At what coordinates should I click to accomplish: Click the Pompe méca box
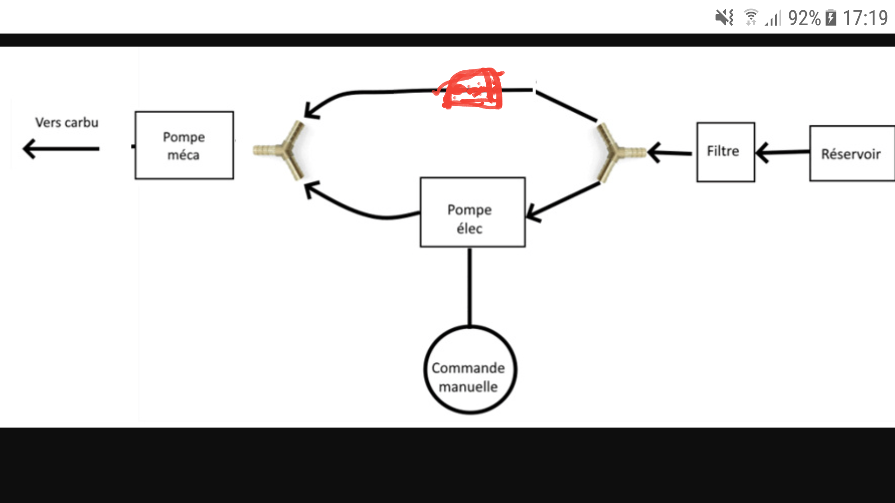click(x=184, y=145)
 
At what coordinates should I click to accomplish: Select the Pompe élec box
click(x=472, y=212)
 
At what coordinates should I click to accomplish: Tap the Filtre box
click(x=725, y=152)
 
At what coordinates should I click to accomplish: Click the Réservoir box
click(x=851, y=153)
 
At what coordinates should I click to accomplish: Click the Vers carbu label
click(x=67, y=122)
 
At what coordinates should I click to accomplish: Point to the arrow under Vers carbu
click(x=61, y=149)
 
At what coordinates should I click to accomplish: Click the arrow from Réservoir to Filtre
click(x=782, y=152)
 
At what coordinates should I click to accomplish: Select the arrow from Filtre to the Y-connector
click(x=669, y=152)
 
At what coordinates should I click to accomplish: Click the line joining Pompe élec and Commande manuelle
click(x=469, y=286)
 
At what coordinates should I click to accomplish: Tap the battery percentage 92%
click(x=804, y=18)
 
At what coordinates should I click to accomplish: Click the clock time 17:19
click(x=865, y=18)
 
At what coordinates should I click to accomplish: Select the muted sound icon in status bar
click(x=724, y=18)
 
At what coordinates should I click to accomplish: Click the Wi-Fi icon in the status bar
click(x=751, y=18)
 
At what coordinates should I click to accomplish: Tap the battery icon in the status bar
click(x=831, y=18)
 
